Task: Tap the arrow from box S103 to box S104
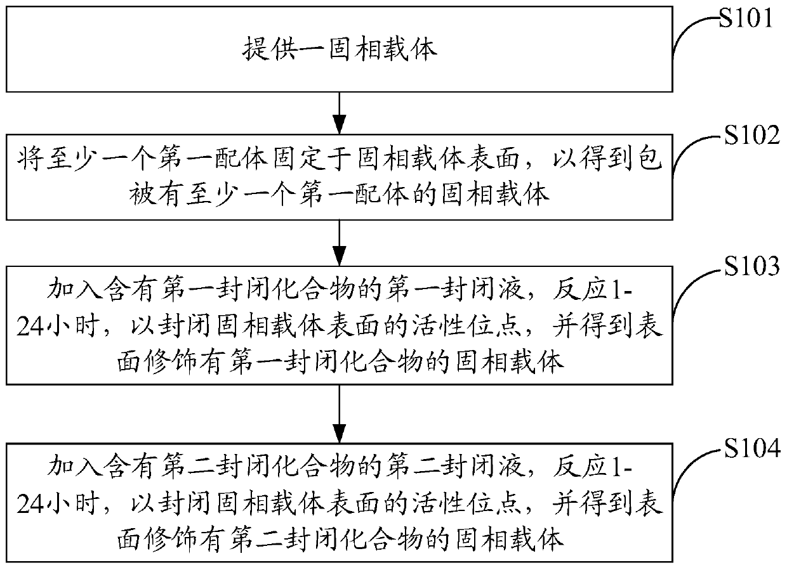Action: [341, 415]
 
